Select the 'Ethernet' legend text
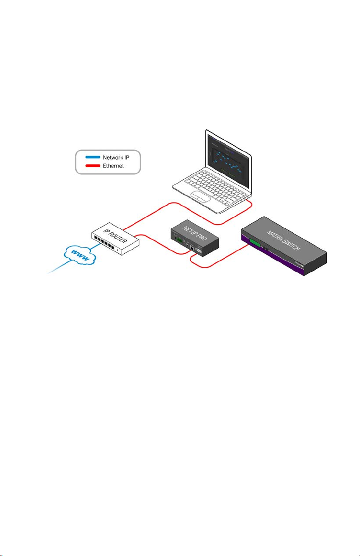coord(113,166)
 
